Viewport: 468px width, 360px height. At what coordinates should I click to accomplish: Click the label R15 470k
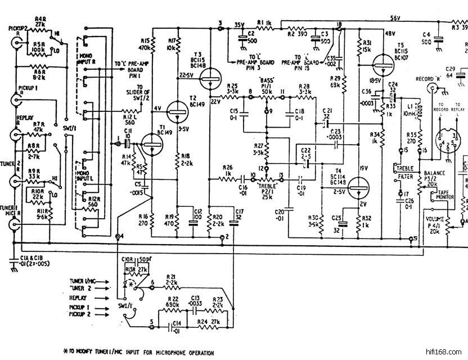[144, 44]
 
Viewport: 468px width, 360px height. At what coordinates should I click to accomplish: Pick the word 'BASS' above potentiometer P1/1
[265, 80]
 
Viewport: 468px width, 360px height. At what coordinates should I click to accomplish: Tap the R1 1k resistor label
[265, 23]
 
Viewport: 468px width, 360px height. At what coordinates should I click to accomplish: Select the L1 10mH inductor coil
[418, 110]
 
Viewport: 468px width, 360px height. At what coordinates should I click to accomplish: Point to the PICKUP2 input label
[18, 28]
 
